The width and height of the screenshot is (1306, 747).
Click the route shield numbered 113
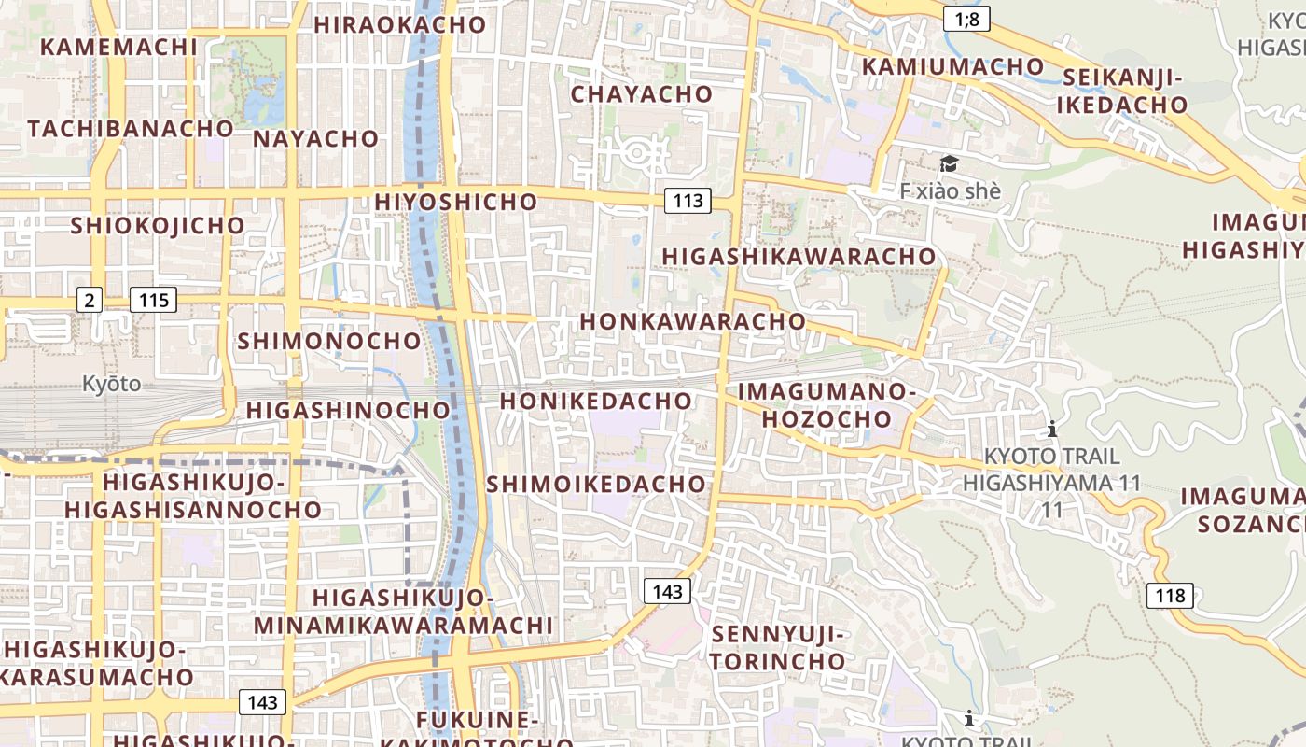(688, 200)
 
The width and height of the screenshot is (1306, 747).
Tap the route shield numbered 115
(153, 300)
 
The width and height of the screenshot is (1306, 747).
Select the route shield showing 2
(89, 300)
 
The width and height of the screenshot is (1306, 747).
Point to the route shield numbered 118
(1170, 595)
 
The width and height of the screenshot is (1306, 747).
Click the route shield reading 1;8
(966, 18)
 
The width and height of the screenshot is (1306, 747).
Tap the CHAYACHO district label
(641, 94)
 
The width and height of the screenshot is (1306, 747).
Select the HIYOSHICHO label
(456, 202)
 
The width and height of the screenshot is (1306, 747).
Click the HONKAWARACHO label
(692, 321)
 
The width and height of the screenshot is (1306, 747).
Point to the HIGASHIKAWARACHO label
(799, 256)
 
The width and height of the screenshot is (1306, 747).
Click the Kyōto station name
(111, 383)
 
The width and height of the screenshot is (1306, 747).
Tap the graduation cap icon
(949, 165)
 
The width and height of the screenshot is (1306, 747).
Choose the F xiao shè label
(950, 190)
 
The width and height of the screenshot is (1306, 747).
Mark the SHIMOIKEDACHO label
(596, 484)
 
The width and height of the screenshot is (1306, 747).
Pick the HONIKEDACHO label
(596, 401)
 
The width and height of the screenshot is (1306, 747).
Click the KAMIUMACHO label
(952, 66)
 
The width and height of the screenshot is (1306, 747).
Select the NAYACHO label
(316, 139)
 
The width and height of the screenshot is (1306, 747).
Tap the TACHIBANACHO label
(131, 128)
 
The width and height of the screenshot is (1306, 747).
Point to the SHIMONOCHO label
(329, 341)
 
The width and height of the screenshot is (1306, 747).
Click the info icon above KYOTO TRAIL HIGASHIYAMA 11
(1052, 429)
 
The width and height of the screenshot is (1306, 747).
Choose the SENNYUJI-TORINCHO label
(778, 648)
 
